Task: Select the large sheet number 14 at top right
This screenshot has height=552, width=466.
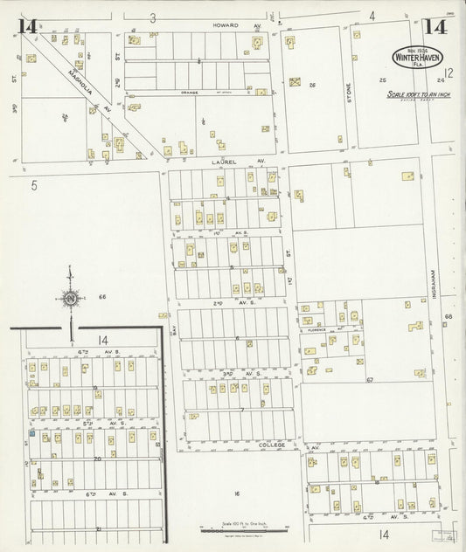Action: click(x=437, y=26)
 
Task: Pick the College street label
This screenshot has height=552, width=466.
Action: click(x=272, y=445)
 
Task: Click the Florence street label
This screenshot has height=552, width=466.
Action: click(x=315, y=330)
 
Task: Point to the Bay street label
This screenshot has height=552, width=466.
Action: click(x=174, y=329)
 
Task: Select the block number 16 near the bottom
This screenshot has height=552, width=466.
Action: click(x=236, y=493)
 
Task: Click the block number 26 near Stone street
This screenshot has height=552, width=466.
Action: click(x=311, y=84)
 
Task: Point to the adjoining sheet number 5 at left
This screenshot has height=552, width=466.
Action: click(x=33, y=184)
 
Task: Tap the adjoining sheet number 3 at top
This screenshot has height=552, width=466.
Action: click(x=152, y=17)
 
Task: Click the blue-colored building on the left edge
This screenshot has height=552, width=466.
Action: click(x=33, y=432)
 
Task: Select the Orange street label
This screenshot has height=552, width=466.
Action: click(x=190, y=92)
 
